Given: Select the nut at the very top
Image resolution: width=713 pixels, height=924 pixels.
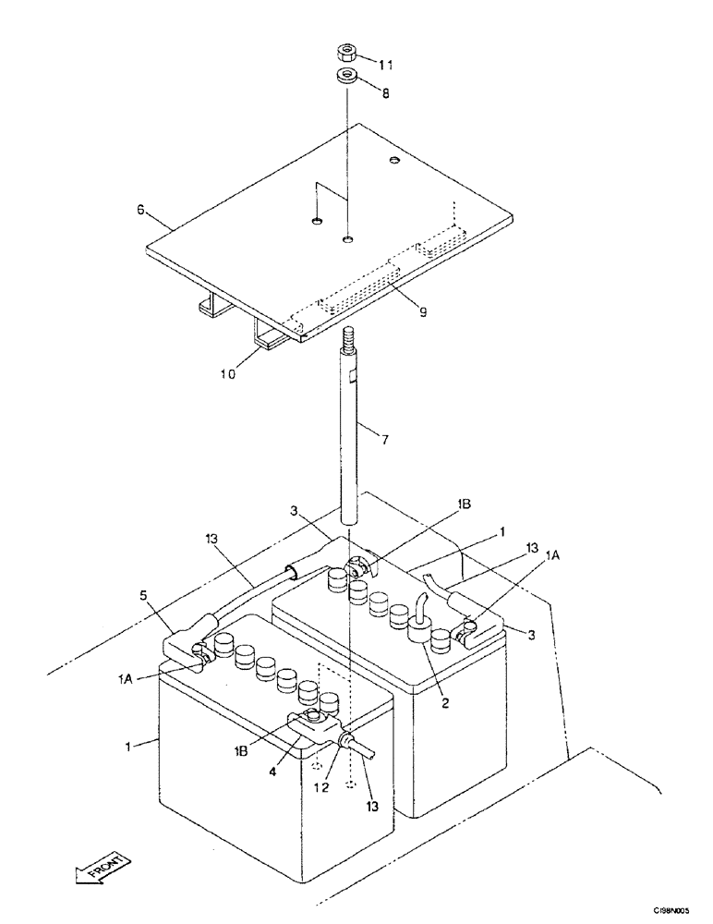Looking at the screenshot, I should pos(347,51).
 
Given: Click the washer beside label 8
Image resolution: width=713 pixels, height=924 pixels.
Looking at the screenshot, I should pos(347,76).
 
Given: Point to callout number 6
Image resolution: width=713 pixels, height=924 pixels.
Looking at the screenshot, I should pos(140,210).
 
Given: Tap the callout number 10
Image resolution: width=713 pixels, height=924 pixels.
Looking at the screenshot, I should pos(228,373).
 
